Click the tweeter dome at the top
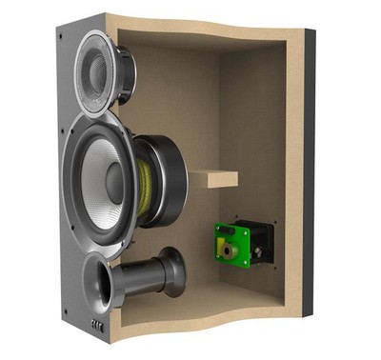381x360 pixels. pos(98,70)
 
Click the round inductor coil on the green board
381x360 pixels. pos(230,250)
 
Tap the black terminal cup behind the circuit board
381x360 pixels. pos(259,241)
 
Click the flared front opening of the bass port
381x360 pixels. pos(101,285)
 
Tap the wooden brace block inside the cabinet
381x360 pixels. pos(215,177)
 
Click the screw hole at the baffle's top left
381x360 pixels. pos(61,35)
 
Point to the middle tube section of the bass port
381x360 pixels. pos(143,275)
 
